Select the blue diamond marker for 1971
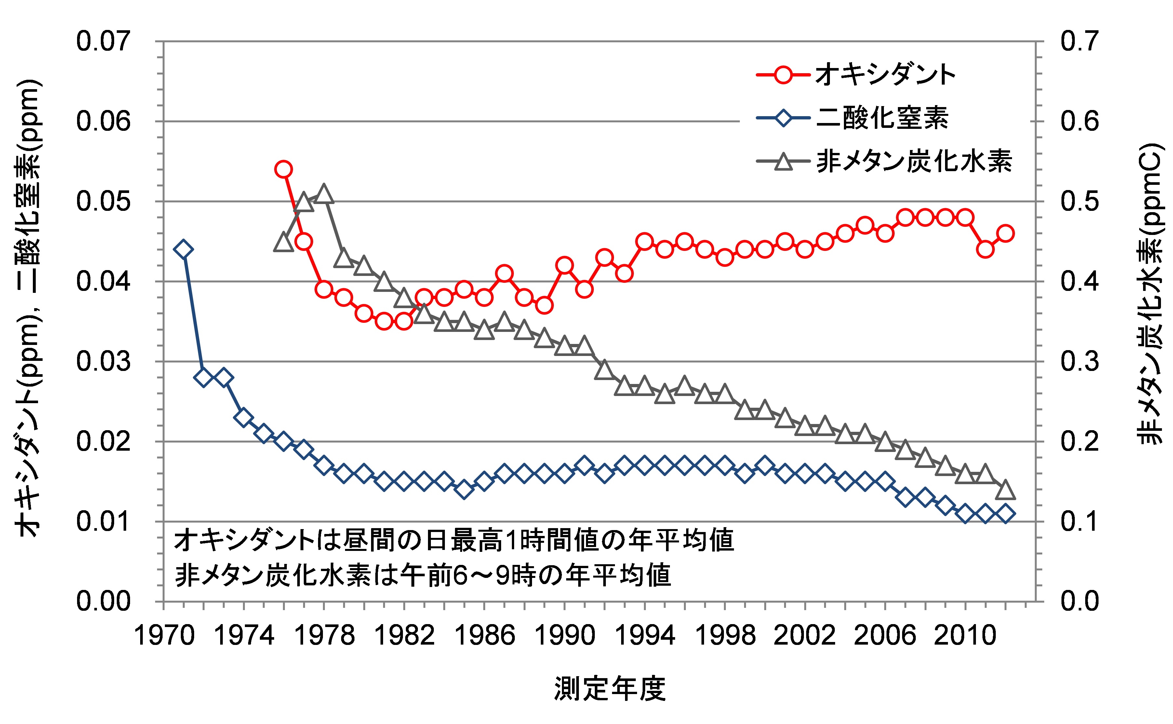coord(184,250)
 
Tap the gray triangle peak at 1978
coord(324,194)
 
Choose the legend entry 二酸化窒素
coord(882,118)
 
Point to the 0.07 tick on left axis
coord(103,41)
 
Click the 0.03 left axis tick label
coord(103,361)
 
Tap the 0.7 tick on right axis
coord(1079,41)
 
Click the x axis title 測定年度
coord(610,689)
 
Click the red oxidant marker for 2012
coord(1005,234)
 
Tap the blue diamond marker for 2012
coord(1005,514)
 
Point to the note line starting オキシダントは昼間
coord(454,540)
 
